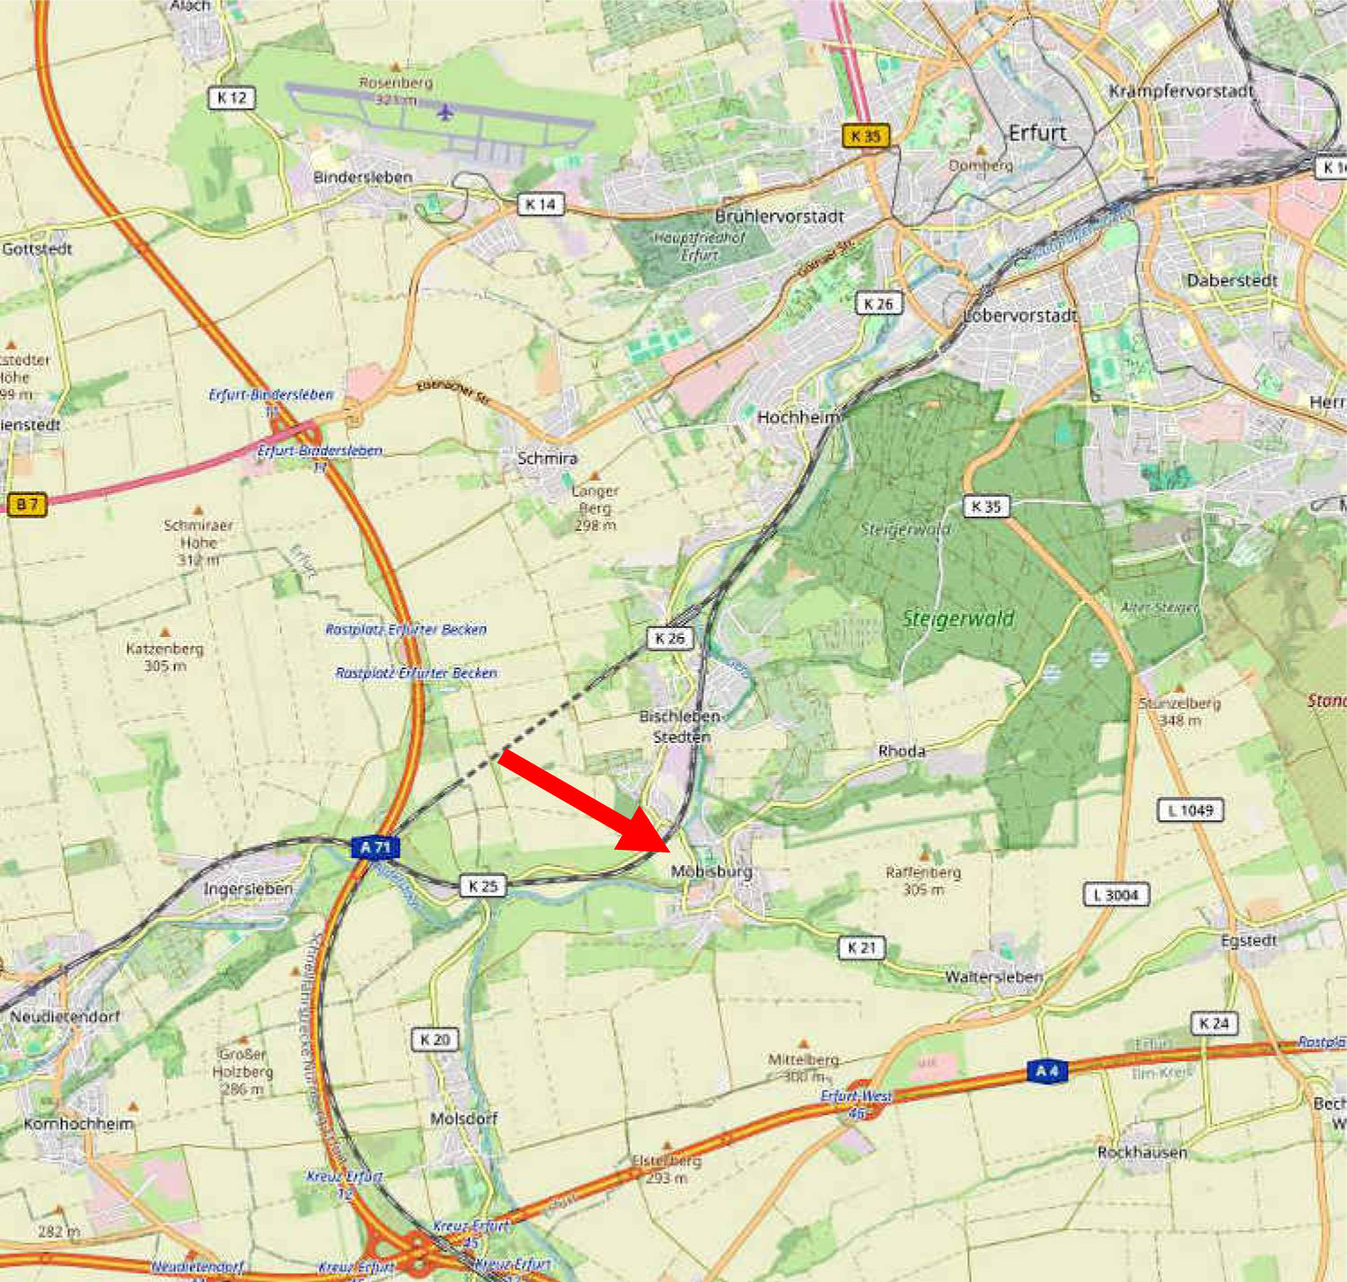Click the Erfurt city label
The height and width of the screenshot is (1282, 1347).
(x=1037, y=133)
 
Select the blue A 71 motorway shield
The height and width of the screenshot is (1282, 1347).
(x=375, y=847)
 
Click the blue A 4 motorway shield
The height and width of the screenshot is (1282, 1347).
(x=1047, y=1071)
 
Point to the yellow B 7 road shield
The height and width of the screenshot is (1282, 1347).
(x=27, y=504)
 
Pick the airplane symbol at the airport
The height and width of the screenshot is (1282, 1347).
(x=445, y=112)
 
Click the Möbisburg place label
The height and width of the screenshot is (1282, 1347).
(x=711, y=871)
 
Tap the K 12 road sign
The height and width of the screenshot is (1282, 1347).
(x=232, y=98)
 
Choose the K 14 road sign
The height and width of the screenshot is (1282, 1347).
(x=541, y=205)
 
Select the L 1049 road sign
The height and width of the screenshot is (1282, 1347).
(x=1190, y=810)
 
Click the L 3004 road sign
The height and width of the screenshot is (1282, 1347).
(x=1116, y=895)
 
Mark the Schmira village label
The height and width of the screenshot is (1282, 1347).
(x=547, y=458)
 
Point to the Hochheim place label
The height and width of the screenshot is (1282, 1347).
(x=797, y=417)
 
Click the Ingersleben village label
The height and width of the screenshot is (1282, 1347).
(x=248, y=889)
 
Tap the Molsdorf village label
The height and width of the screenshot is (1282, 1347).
(x=463, y=1118)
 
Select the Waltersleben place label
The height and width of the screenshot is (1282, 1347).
(x=993, y=977)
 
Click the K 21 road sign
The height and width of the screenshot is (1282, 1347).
(x=861, y=947)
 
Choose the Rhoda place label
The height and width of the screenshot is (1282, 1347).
(x=902, y=751)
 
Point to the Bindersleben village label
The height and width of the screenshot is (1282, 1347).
(x=363, y=177)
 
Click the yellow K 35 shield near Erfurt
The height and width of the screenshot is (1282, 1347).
(x=866, y=137)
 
